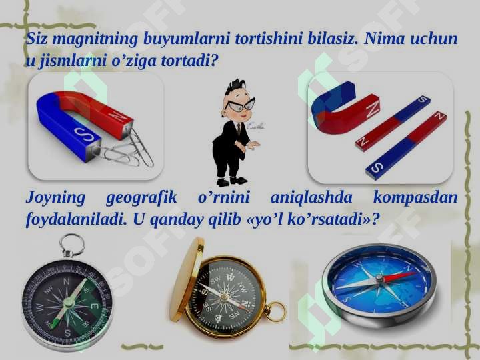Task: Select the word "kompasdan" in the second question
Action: (415, 197)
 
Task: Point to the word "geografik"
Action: (141, 197)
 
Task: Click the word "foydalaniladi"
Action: (76, 219)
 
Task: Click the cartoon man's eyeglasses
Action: (240, 105)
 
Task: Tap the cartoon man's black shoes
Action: (231, 181)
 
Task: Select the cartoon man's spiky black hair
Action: (236, 87)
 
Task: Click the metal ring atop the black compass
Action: (71, 245)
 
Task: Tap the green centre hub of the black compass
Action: (69, 303)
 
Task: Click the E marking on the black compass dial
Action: (94, 305)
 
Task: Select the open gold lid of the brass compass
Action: (185, 279)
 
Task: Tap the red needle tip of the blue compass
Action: (412, 274)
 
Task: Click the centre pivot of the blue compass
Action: (379, 278)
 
